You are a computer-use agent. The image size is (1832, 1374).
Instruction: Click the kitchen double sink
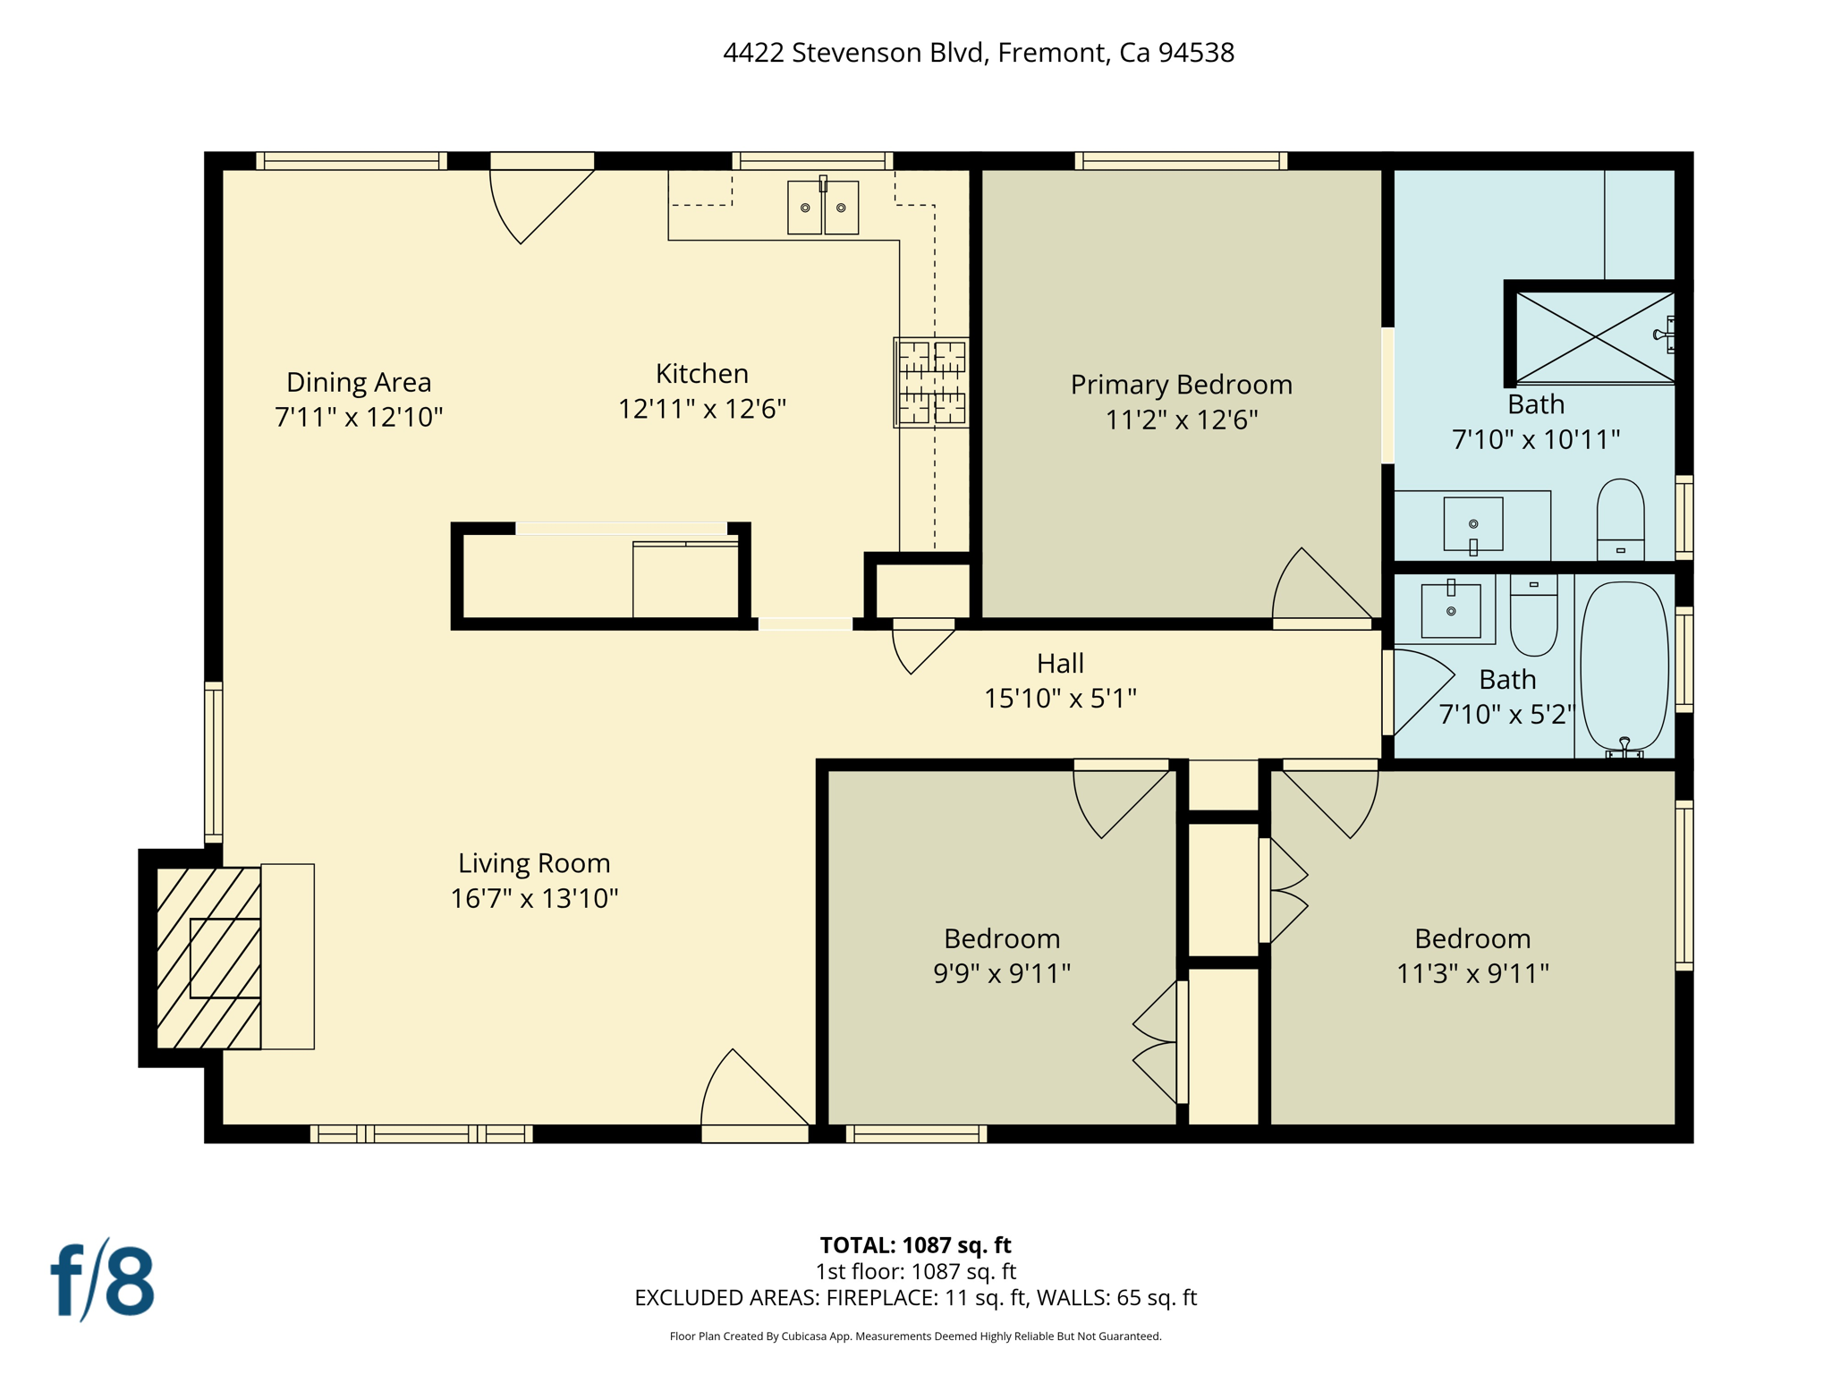[x=823, y=208]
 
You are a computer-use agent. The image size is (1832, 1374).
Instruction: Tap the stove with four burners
[x=931, y=382]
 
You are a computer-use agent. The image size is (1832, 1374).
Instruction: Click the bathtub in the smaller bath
[x=1624, y=666]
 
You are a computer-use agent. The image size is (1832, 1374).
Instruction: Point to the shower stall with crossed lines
[x=1595, y=336]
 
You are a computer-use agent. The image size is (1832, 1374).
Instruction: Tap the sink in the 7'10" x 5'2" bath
[x=1450, y=610]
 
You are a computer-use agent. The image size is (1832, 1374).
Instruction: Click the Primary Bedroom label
[x=1181, y=385]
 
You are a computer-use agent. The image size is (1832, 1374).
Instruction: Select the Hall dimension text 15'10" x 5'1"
[x=1060, y=699]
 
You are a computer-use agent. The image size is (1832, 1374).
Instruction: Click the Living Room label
[x=534, y=863]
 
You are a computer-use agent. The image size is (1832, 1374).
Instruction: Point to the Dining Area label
[x=359, y=383]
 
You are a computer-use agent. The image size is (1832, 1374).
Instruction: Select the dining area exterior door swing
[x=537, y=201]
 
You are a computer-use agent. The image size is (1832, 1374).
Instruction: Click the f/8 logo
[x=103, y=1281]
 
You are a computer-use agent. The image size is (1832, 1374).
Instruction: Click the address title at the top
[x=978, y=53]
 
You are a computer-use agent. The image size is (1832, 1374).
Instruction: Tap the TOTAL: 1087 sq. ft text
[x=915, y=1245]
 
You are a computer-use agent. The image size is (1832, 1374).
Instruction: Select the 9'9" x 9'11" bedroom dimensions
[x=1002, y=973]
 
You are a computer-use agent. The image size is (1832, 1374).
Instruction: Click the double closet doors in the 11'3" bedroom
[x=1286, y=891]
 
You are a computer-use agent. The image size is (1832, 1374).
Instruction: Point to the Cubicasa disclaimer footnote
[x=915, y=1336]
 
